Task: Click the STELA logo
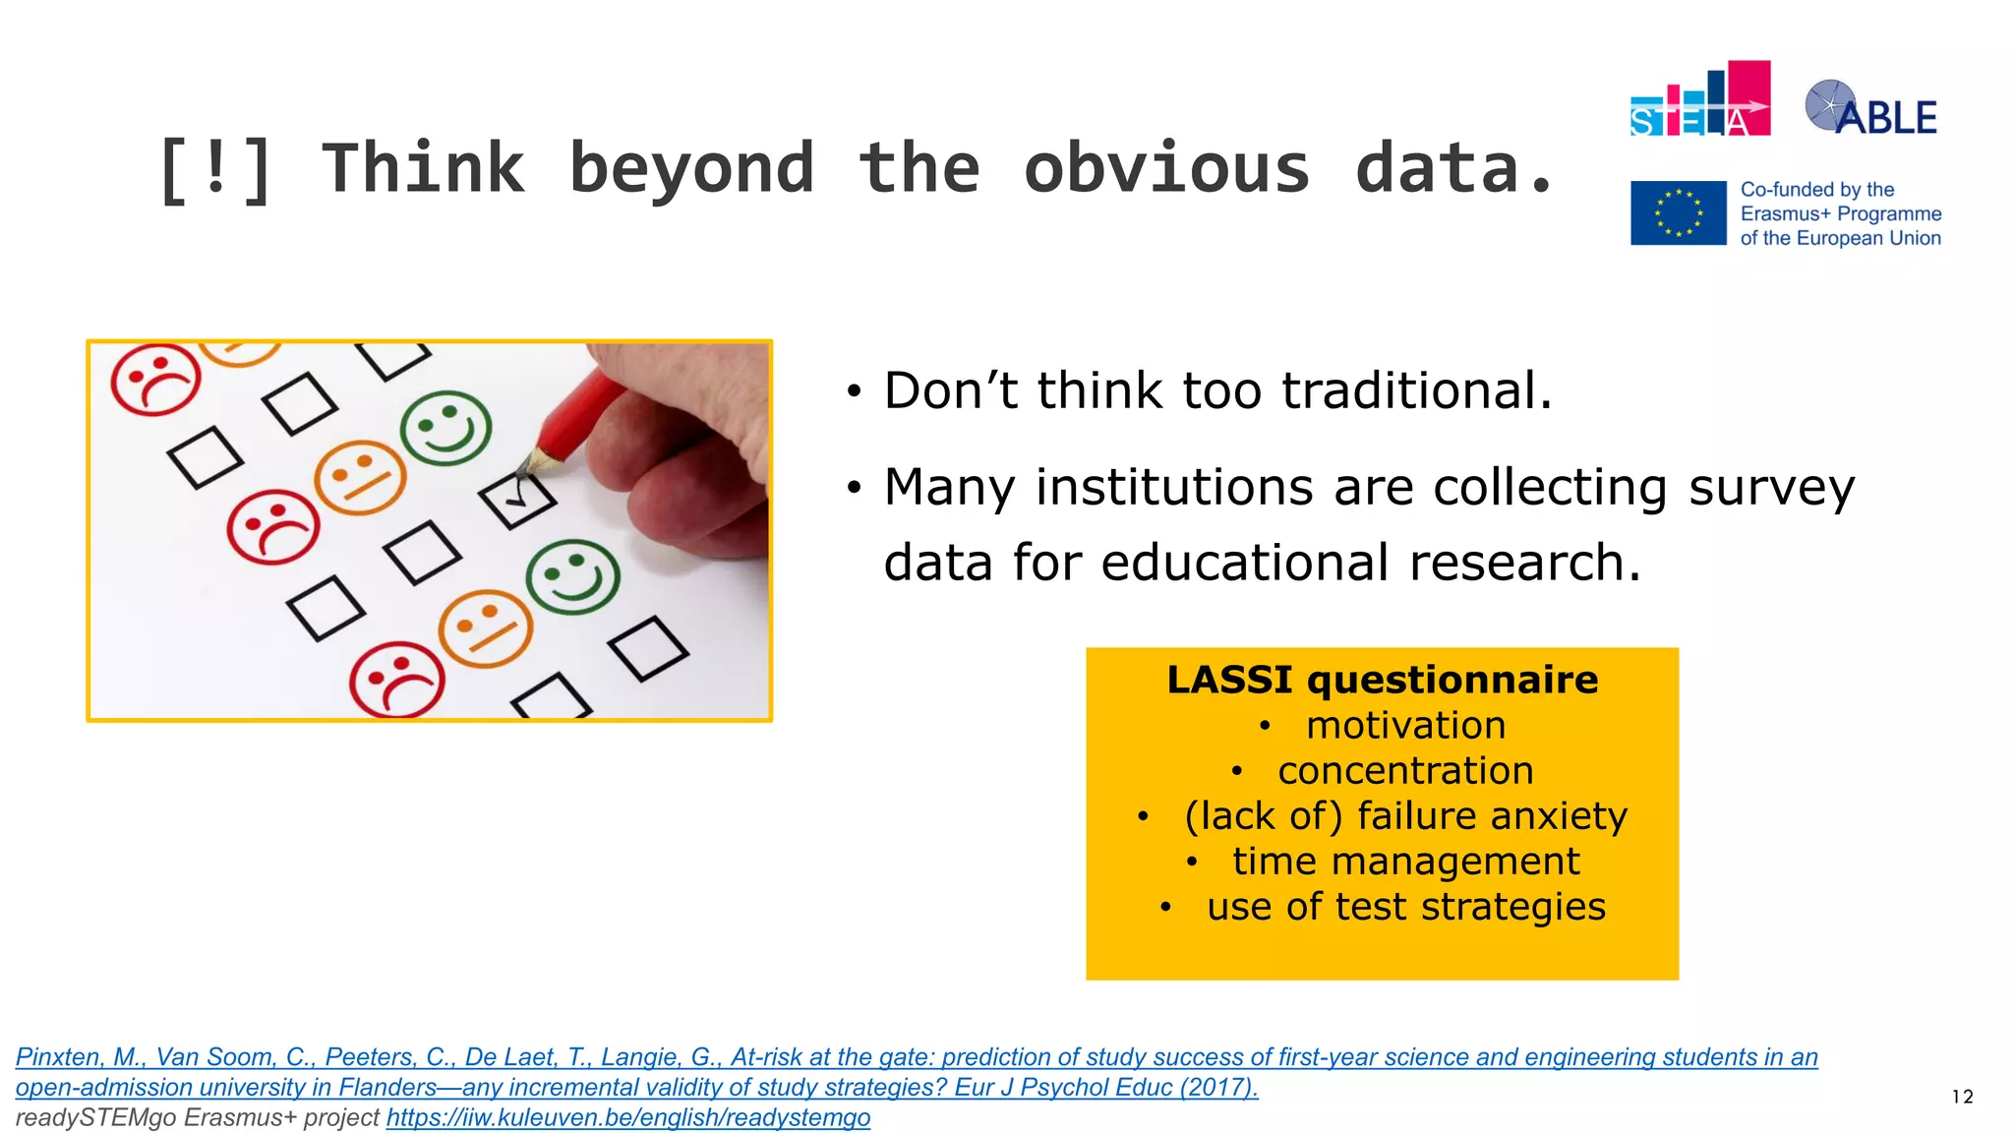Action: point(1699,101)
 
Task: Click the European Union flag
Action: point(1678,212)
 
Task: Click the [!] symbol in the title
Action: point(214,169)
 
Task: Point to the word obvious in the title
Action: point(1166,169)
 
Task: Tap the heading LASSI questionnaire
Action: point(1382,680)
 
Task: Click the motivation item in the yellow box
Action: point(1404,726)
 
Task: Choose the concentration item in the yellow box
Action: point(1404,771)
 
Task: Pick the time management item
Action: point(1404,862)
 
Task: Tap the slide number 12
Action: point(1962,1097)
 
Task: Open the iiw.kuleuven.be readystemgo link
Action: point(627,1118)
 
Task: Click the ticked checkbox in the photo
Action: point(517,500)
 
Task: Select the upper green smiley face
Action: point(445,428)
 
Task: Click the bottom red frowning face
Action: point(397,680)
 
